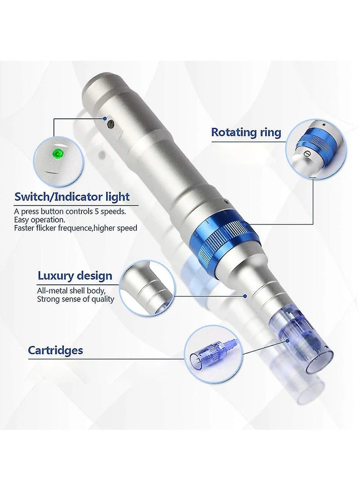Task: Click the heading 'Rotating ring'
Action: (246, 132)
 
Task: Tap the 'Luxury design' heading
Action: (75, 275)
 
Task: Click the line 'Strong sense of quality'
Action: (76, 299)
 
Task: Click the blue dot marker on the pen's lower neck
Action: (245, 296)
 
